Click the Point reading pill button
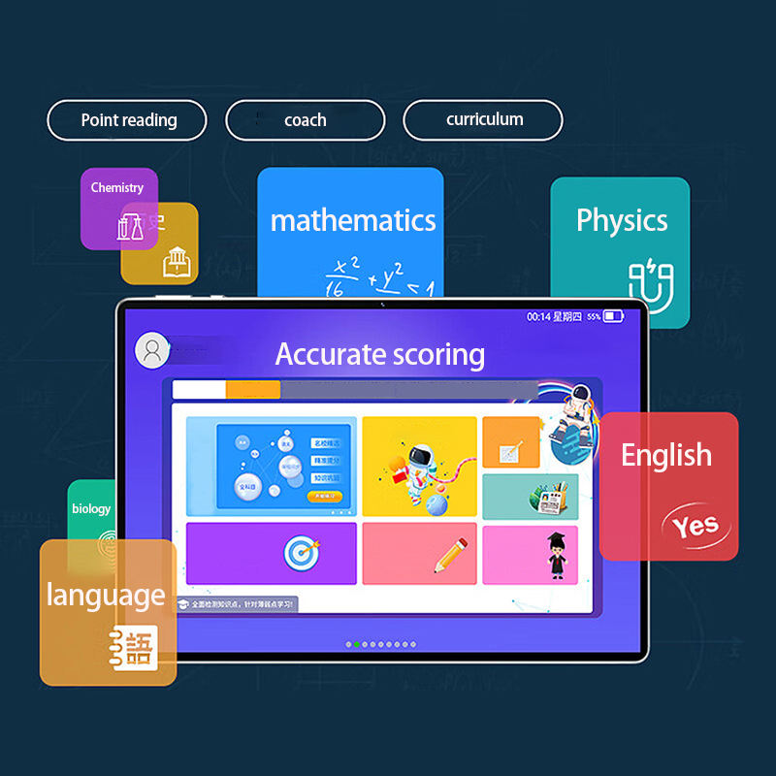(127, 120)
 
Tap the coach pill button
(306, 120)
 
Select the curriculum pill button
(483, 120)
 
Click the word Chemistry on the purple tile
(117, 187)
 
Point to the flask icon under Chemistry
(130, 227)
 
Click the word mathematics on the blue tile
(353, 220)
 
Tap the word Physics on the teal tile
(622, 220)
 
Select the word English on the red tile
(666, 455)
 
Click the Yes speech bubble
(695, 525)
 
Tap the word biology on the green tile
(91, 508)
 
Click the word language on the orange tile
(106, 595)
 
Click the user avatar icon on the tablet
(151, 350)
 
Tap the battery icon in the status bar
(613, 316)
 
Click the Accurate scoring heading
(380, 354)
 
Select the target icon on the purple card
(301, 554)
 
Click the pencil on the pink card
(450, 554)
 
